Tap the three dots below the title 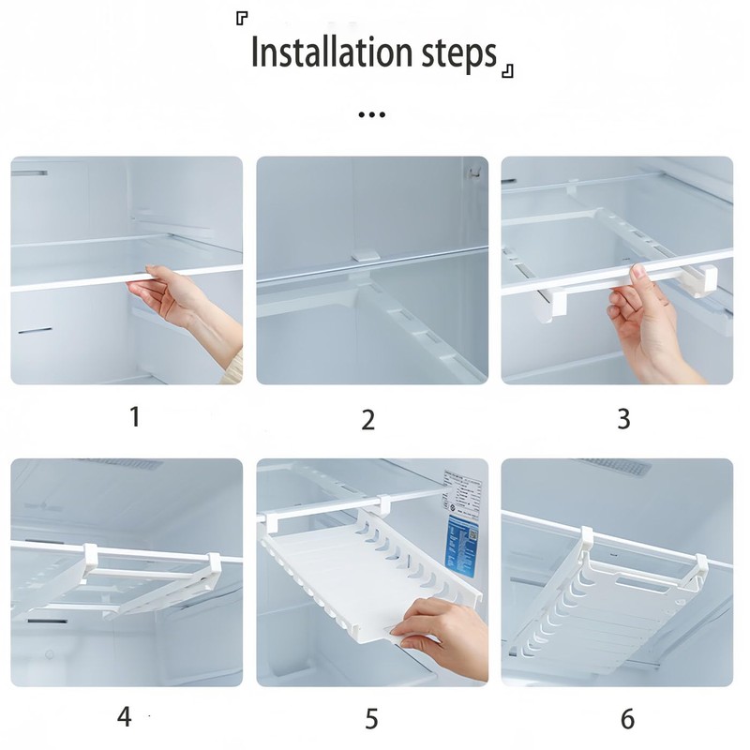(x=372, y=115)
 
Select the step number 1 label (x=135, y=415)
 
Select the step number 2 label (x=368, y=419)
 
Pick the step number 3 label (x=623, y=418)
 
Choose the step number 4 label (x=125, y=718)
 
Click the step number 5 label (x=371, y=720)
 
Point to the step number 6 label (x=627, y=720)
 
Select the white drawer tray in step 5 (x=347, y=581)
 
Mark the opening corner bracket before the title (x=242, y=20)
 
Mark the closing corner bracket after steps (x=507, y=71)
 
